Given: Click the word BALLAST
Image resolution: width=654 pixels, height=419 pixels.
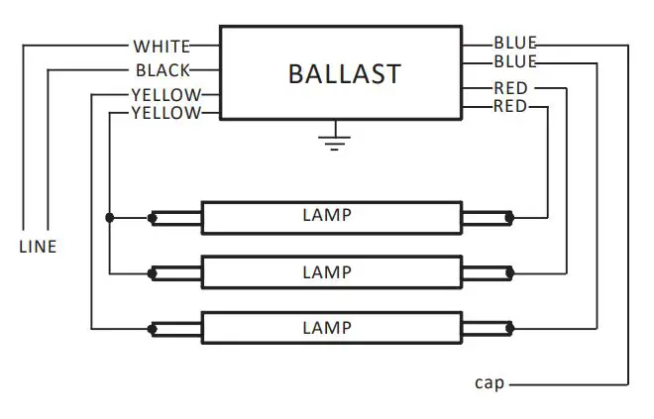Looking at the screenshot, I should pos(344,74).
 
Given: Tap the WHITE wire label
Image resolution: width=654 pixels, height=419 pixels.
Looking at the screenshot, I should pos(163,46).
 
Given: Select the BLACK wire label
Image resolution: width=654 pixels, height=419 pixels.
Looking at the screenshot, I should pos(163,70).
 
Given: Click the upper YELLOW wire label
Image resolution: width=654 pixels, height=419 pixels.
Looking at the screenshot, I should pos(166,95).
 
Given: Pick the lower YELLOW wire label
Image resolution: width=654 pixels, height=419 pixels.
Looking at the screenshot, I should pos(166,113).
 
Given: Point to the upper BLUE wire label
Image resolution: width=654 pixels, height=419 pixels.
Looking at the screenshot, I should pos(515,44).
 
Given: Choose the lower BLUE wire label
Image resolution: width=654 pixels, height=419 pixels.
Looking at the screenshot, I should pos(515,61).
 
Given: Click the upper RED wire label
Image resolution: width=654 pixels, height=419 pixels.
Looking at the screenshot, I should pos(511,88).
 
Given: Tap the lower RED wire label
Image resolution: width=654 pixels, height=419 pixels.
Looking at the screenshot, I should pos(511,106).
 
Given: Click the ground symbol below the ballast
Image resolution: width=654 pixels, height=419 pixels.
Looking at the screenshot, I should pos(335,140).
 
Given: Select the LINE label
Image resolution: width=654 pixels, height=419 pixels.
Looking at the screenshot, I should pos(38,247).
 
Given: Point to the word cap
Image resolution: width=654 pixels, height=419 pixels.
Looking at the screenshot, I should pos(490,383).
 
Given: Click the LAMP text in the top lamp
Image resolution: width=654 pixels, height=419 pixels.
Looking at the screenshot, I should pos(327,215).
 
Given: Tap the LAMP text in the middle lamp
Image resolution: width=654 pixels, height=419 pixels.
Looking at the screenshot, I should pos(327,271).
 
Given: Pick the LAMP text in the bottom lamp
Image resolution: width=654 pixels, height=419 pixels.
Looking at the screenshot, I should pos(327,327).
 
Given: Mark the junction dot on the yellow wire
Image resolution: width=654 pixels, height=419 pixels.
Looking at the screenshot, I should pos(110,215).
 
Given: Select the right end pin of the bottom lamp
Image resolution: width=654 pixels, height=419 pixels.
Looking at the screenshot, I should pos(509,327).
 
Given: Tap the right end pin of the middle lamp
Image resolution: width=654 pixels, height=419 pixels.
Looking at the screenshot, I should pos(509,271).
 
